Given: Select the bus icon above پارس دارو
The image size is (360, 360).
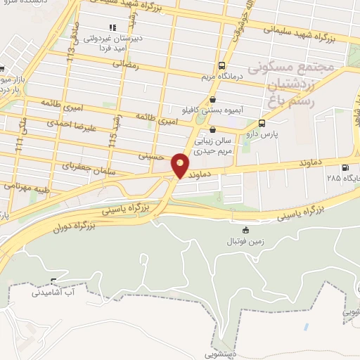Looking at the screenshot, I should coord(262,121).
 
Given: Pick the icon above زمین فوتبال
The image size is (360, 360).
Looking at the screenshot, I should coord(245,231).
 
